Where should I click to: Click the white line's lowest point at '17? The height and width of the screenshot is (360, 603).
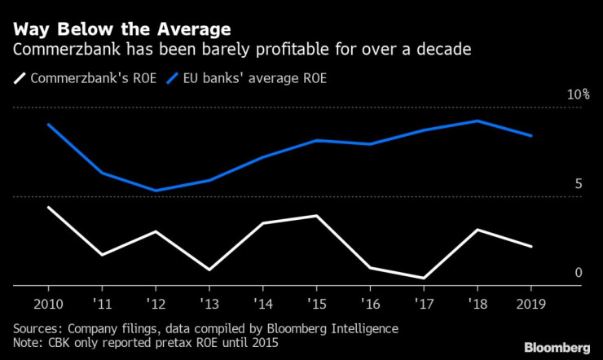tap(424, 278)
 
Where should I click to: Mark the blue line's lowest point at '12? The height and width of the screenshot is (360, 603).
tap(156, 191)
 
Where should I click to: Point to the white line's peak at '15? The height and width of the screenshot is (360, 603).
tap(316, 216)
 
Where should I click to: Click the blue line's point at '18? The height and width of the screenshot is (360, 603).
tap(478, 121)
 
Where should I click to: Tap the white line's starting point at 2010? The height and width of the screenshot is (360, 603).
tap(48, 207)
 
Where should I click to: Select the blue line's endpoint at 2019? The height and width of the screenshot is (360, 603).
tap(531, 136)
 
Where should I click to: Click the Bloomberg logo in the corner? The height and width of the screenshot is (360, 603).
tap(558, 345)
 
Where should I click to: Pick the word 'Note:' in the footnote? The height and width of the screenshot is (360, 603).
tap(29, 343)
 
